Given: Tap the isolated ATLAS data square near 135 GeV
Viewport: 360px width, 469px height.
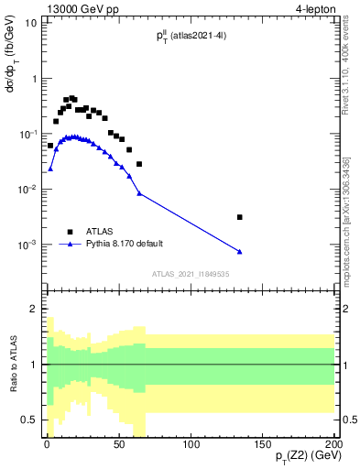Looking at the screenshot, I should pos(240,217).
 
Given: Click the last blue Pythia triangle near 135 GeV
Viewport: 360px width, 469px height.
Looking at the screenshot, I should pos(240,251).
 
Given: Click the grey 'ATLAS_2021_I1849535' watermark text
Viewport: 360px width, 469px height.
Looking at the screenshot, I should pos(191,273).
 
